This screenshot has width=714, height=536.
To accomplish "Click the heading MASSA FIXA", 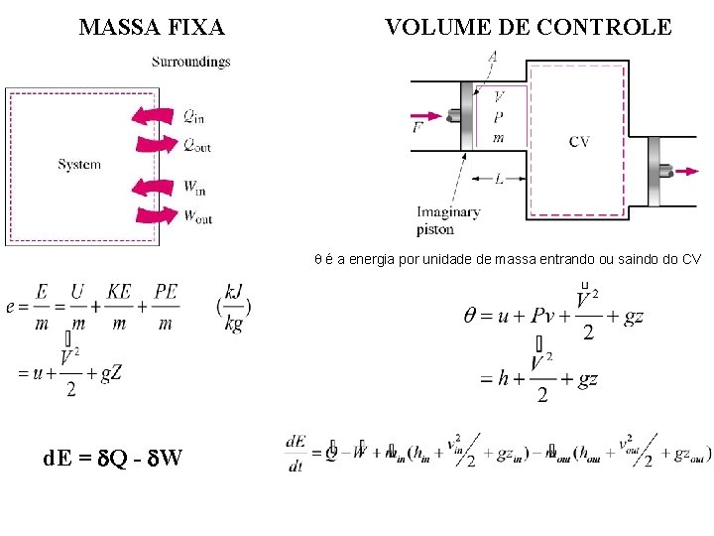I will coord(152,27).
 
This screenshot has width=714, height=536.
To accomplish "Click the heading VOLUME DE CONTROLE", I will coord(528,27).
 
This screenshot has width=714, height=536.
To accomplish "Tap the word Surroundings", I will coord(190,62).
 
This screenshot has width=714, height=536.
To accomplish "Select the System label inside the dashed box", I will coord(79,165).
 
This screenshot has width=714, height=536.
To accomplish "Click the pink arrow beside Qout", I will coord(156,145).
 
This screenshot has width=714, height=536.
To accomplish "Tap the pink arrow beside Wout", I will coord(156,214).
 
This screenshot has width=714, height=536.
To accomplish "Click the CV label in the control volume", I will coord(579,142).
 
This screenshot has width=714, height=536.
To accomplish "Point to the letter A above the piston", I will coord(493,57).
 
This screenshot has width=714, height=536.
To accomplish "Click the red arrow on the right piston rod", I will coord(684,172).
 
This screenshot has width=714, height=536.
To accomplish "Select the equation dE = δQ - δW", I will coord(111,458).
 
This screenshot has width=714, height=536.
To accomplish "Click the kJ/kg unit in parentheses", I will coord(234,308).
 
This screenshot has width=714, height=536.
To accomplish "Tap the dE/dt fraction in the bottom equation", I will coord(296,453).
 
